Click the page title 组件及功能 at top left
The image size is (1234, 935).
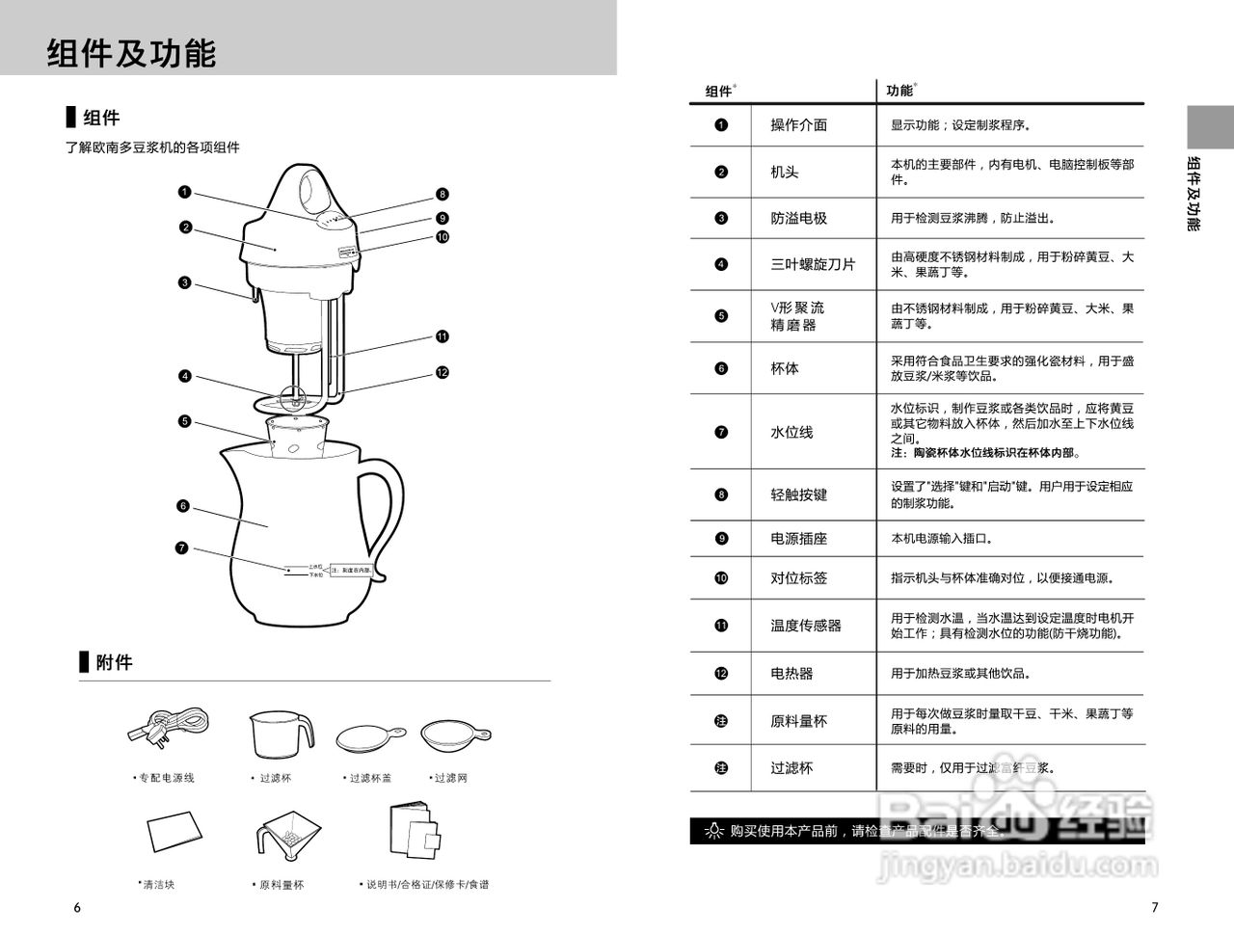click(131, 53)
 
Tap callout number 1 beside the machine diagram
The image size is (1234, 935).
click(184, 192)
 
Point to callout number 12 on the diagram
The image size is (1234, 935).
click(442, 372)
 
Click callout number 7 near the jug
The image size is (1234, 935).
click(181, 548)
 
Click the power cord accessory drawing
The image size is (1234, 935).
click(168, 727)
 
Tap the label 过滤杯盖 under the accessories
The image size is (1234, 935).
click(369, 778)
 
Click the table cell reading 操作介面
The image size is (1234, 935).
click(798, 125)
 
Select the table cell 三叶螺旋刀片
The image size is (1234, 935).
click(813, 264)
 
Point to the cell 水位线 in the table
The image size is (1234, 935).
click(791, 433)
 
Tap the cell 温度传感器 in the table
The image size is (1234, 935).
click(806, 626)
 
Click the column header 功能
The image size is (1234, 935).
click(899, 91)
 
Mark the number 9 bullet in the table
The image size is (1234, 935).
click(721, 539)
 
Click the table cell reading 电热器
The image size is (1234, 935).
click(791, 674)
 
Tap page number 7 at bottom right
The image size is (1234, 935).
click(1155, 907)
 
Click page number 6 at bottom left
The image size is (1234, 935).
click(77, 908)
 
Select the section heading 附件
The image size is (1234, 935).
click(114, 662)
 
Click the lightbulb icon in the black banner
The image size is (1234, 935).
click(713, 831)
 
